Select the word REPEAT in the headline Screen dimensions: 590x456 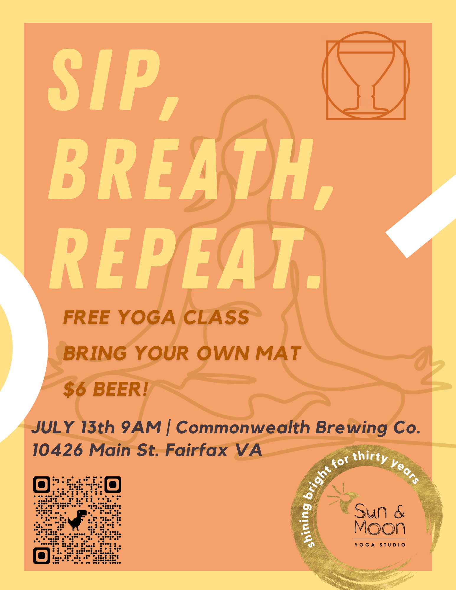[x=177, y=259]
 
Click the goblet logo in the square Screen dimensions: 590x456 [x=366, y=76]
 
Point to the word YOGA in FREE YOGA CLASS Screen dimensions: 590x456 [x=147, y=318]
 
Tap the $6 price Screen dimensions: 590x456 [x=75, y=389]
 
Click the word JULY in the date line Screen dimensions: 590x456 [x=53, y=427]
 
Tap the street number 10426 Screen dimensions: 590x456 [x=58, y=450]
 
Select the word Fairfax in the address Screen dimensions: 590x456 [x=196, y=450]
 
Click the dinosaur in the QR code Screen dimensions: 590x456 [x=77, y=519]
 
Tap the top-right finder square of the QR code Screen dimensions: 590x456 [x=113, y=484]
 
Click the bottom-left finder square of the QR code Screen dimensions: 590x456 [x=42, y=555]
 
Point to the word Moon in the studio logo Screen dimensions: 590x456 [x=380, y=528]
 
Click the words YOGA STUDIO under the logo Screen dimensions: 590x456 [x=380, y=545]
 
